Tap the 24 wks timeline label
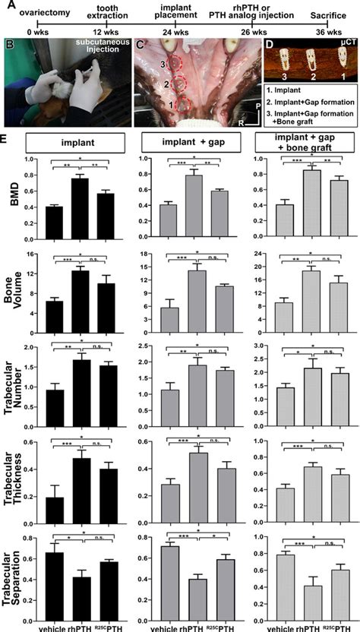174,33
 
